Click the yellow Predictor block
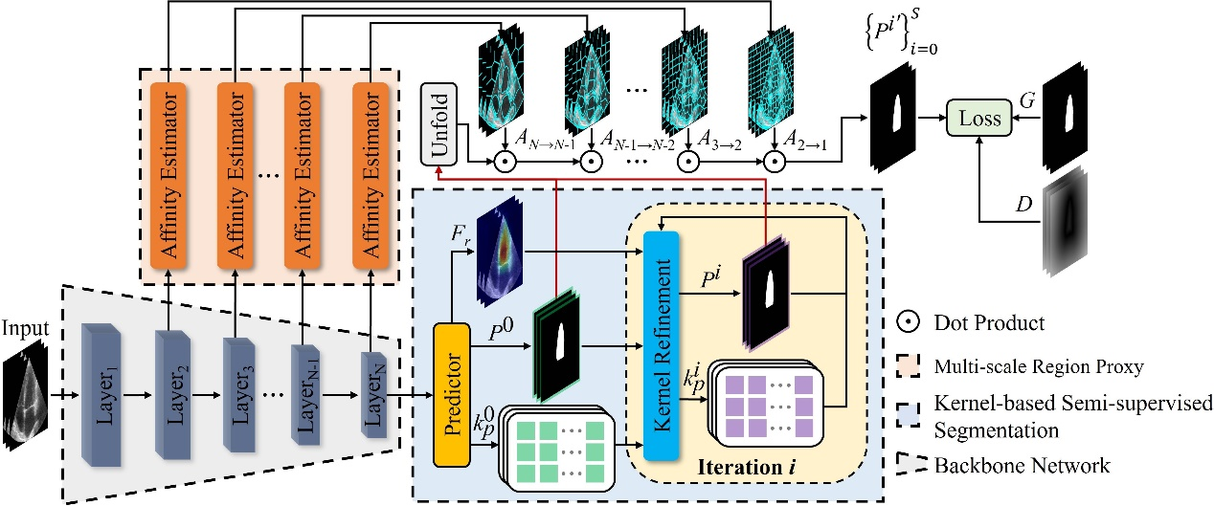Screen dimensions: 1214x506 click(x=452, y=394)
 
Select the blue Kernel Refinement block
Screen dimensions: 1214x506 click(x=662, y=345)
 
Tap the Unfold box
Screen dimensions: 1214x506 click(x=439, y=124)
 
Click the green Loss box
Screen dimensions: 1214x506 click(x=978, y=118)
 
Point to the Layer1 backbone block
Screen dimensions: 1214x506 click(x=101, y=394)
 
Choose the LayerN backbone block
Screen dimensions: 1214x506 click(x=374, y=394)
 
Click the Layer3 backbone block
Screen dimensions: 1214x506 click(x=239, y=394)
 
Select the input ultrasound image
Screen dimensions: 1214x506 click(x=25, y=399)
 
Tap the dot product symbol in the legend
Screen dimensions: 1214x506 click(x=908, y=322)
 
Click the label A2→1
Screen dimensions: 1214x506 click(x=805, y=141)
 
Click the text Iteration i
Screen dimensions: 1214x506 click(x=746, y=467)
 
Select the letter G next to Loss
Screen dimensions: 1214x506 click(x=1027, y=100)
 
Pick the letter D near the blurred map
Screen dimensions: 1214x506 click(x=1023, y=204)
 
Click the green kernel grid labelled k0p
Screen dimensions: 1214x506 click(x=557, y=449)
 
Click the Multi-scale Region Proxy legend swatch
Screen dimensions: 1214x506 click(x=908, y=366)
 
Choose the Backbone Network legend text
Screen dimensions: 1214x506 click(x=1023, y=466)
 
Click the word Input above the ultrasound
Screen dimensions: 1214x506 click(x=25, y=328)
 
